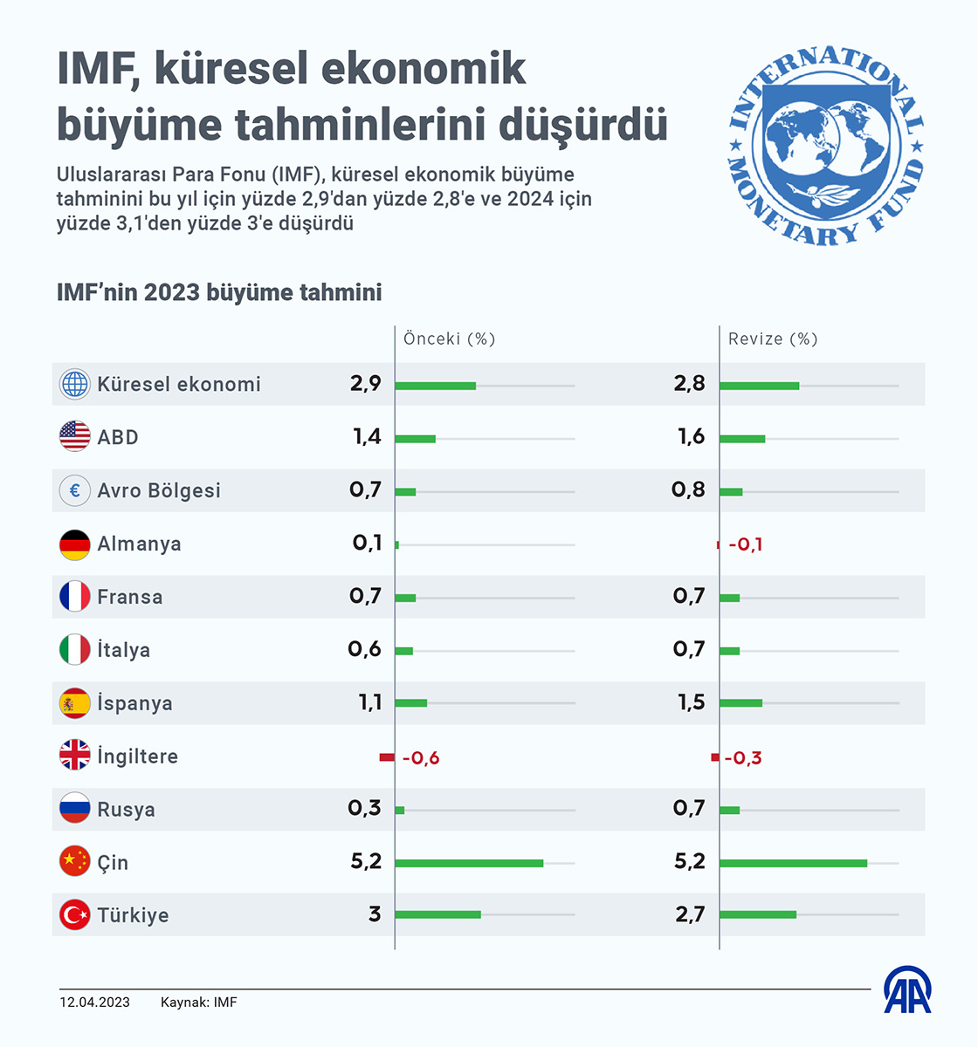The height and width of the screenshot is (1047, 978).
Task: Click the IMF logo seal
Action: point(825,146)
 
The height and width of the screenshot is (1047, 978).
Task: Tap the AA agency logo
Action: point(907,991)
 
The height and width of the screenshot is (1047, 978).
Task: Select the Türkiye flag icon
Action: point(75,914)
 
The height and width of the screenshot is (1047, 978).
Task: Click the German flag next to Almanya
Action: point(75,544)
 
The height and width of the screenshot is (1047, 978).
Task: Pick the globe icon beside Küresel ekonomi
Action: point(75,384)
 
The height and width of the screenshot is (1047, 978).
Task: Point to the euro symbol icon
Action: point(75,490)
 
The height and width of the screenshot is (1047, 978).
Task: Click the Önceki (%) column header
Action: point(449,339)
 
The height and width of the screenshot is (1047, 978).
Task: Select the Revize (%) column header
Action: point(773,339)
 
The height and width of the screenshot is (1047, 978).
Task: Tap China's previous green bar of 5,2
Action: point(469,863)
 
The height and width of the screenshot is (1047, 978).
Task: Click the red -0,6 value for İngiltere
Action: point(420,758)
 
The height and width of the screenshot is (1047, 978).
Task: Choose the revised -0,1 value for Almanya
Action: point(745,544)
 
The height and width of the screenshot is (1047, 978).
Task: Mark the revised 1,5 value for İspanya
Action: point(691,702)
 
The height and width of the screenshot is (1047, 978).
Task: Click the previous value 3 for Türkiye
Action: point(375,914)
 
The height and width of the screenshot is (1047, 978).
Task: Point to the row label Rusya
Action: point(126,810)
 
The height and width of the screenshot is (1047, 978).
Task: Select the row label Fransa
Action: point(129,597)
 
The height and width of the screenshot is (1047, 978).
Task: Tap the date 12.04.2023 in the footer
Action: point(94,1003)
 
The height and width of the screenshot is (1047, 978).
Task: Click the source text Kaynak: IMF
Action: point(198,1003)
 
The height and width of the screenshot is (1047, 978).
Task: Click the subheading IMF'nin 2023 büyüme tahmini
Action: point(219,291)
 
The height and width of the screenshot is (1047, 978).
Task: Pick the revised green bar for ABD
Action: point(742,438)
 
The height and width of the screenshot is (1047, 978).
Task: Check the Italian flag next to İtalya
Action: point(75,650)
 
